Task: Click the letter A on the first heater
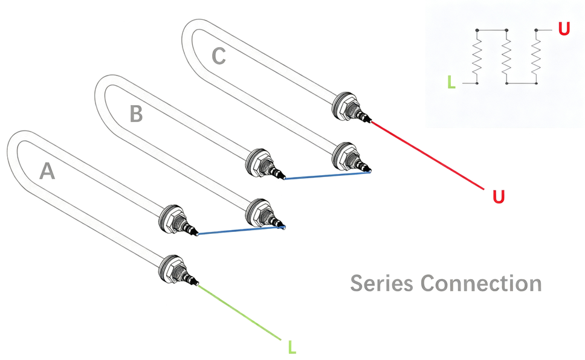47,171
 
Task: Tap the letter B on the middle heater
136,114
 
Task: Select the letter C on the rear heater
219,56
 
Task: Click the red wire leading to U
427,155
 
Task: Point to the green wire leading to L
239,312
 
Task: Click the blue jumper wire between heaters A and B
241,230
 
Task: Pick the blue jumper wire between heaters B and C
328,175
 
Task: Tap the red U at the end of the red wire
499,196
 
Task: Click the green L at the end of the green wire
292,347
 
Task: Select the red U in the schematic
564,29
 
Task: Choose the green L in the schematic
451,82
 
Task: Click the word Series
382,283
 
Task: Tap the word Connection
481,283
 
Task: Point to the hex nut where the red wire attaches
343,106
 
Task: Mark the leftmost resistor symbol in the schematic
477,57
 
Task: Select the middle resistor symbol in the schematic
506,57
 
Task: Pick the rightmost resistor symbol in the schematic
536,57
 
